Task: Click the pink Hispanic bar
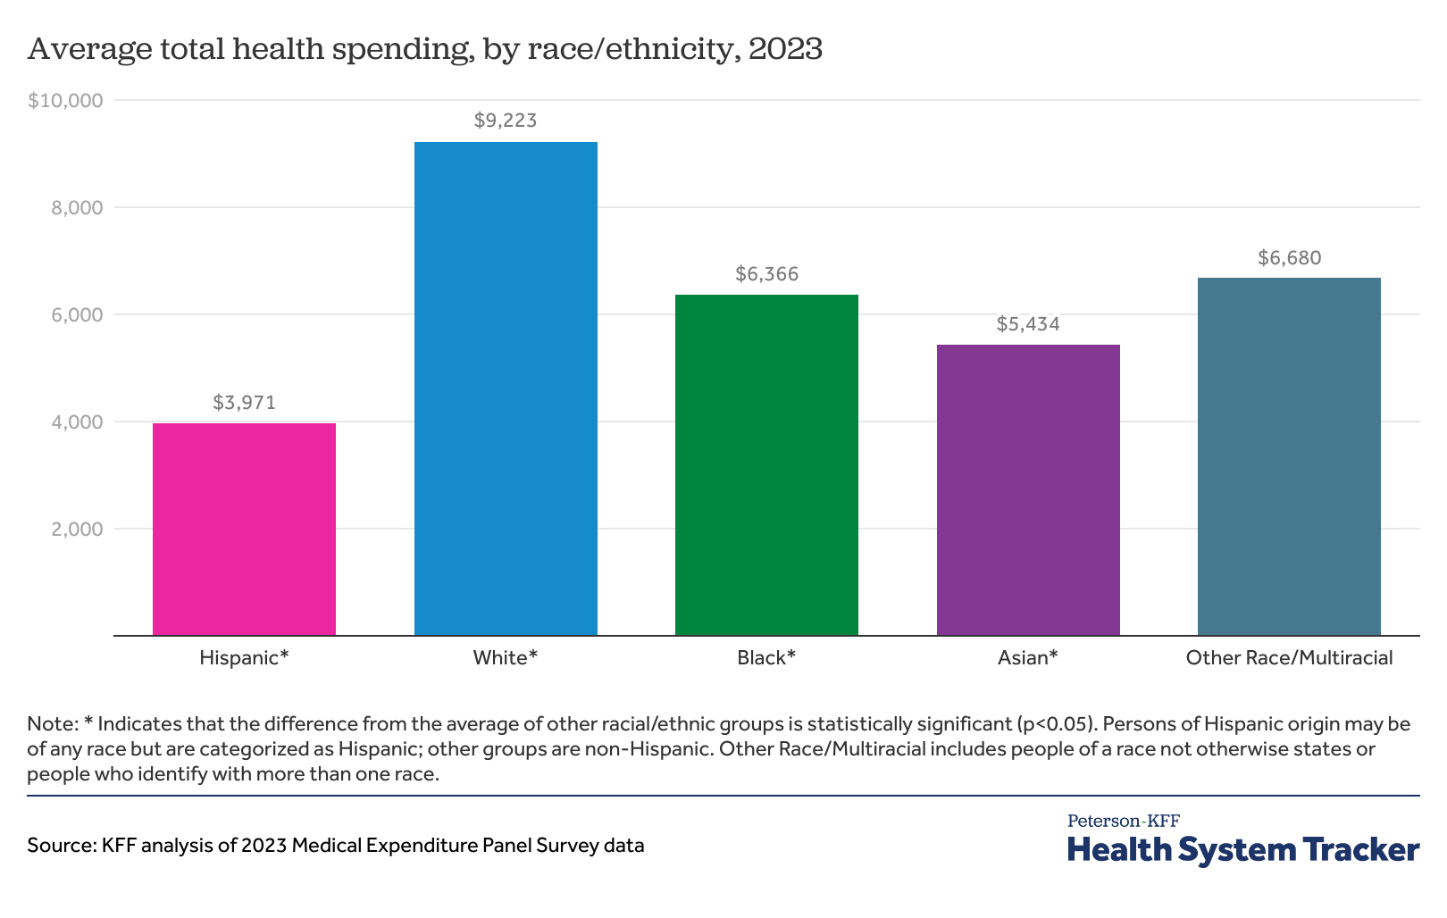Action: (x=244, y=529)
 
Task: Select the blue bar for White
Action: (x=506, y=388)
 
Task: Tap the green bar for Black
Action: (x=766, y=464)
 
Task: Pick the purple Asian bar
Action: (x=1028, y=489)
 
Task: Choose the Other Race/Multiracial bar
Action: (x=1289, y=456)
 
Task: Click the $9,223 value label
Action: (x=506, y=121)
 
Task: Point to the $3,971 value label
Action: (x=244, y=403)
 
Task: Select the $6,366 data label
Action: (x=766, y=274)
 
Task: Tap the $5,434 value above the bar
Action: (x=1028, y=324)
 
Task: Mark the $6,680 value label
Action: (x=1289, y=258)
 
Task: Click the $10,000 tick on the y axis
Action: (x=66, y=101)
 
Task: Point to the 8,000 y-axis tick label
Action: (x=79, y=208)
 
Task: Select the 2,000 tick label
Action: (x=79, y=530)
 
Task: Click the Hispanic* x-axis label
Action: (x=244, y=658)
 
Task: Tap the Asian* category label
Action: (x=1028, y=658)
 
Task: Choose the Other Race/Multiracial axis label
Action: (x=1289, y=658)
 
